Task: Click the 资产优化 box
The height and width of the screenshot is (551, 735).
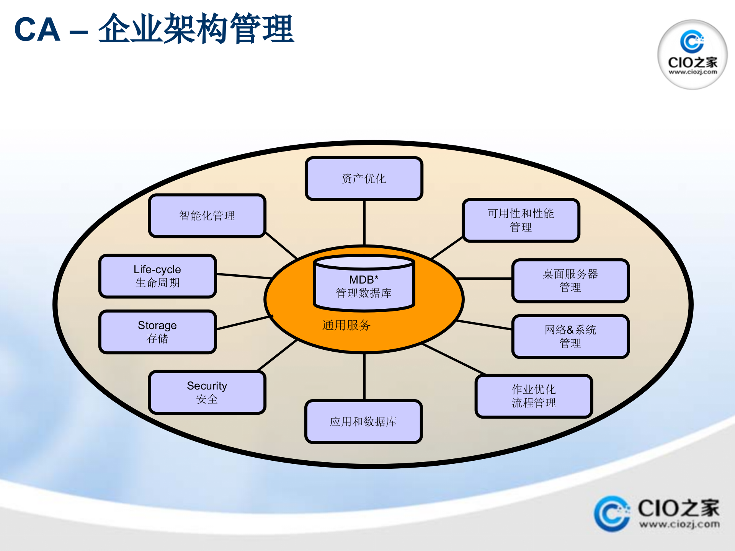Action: click(x=364, y=178)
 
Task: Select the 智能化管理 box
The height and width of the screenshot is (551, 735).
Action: click(x=207, y=216)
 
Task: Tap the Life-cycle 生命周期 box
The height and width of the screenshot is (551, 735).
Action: click(x=157, y=276)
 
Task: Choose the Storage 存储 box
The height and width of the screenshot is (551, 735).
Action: click(x=157, y=332)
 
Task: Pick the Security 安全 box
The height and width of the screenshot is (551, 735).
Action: click(x=207, y=392)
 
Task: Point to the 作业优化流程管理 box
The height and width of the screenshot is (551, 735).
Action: click(x=534, y=396)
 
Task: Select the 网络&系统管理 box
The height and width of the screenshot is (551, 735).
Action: click(x=570, y=336)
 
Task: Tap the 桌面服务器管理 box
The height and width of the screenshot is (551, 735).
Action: click(x=570, y=280)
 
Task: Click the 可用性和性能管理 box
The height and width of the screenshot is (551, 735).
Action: click(x=521, y=220)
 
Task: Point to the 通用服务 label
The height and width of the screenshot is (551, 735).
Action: click(x=346, y=325)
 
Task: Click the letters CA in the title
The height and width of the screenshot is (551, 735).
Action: click(x=37, y=30)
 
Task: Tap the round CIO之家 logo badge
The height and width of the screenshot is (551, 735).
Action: click(x=692, y=54)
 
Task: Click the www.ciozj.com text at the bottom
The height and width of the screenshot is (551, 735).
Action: click(x=679, y=524)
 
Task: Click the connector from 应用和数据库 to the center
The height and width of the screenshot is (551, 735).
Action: click(x=364, y=377)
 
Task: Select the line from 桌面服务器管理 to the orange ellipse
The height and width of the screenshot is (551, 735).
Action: click(x=484, y=279)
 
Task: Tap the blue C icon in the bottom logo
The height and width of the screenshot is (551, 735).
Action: click(x=611, y=514)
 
